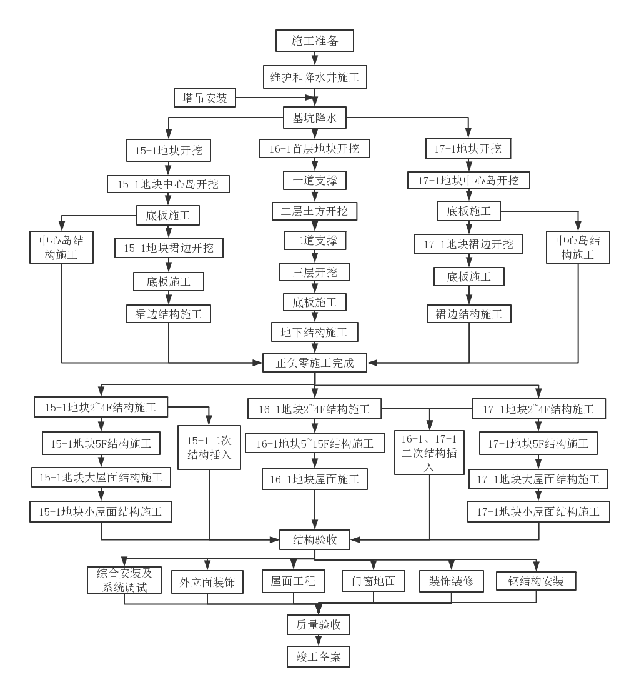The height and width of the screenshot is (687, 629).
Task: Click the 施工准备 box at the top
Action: tap(315, 41)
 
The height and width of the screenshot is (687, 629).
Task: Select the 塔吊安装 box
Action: tap(205, 98)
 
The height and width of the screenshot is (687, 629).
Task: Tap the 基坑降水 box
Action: tap(315, 117)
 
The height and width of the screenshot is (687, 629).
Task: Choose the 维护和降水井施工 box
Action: tap(315, 78)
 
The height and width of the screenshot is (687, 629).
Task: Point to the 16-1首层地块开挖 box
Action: tap(315, 149)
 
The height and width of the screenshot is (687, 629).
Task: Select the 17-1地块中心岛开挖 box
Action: tap(468, 181)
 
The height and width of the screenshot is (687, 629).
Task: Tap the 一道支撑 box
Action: tap(315, 180)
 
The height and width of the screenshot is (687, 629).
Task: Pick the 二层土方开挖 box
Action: tap(315, 211)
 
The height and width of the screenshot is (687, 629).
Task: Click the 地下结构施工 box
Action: tap(315, 332)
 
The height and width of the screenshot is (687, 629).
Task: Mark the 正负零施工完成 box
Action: tap(315, 363)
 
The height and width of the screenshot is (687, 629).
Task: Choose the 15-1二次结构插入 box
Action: tap(209, 448)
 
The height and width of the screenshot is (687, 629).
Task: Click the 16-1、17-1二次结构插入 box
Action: tap(429, 452)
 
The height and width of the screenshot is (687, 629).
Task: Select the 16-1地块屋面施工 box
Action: tap(315, 479)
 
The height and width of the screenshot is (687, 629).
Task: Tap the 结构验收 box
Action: tap(315, 539)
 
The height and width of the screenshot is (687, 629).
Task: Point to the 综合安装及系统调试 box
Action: tap(124, 580)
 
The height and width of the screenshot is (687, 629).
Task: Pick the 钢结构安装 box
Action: tap(536, 581)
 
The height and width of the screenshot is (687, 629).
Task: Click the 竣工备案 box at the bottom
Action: tap(319, 657)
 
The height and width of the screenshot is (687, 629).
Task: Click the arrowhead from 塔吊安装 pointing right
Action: tap(308, 98)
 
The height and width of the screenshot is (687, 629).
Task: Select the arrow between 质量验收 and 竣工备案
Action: tap(319, 641)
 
